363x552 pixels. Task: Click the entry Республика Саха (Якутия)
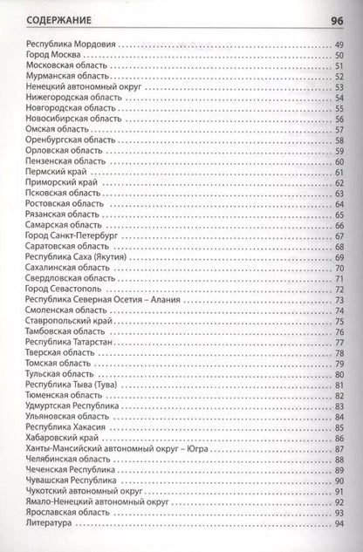coord(83,257)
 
